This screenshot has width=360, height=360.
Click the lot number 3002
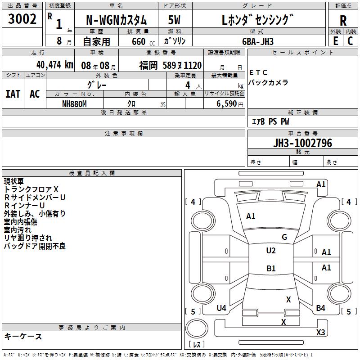[22, 19]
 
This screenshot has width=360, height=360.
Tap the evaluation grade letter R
[343, 21]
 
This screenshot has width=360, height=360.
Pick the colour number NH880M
[74, 104]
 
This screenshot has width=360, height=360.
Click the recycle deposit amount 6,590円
[229, 104]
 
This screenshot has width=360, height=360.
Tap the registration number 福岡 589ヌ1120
[170, 66]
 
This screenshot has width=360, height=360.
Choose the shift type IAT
[13, 94]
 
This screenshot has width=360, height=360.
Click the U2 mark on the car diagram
[271, 251]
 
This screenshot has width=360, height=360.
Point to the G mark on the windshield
[284, 237]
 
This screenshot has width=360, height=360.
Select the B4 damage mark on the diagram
[320, 308]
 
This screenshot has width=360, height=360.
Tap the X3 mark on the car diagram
[320, 333]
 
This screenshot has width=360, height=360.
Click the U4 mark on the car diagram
[221, 308]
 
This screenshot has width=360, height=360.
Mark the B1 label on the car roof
[271, 269]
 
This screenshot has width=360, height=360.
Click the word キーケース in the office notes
[23, 337]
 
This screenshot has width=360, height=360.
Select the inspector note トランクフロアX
[31, 189]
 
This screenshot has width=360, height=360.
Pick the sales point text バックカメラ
[268, 83]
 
